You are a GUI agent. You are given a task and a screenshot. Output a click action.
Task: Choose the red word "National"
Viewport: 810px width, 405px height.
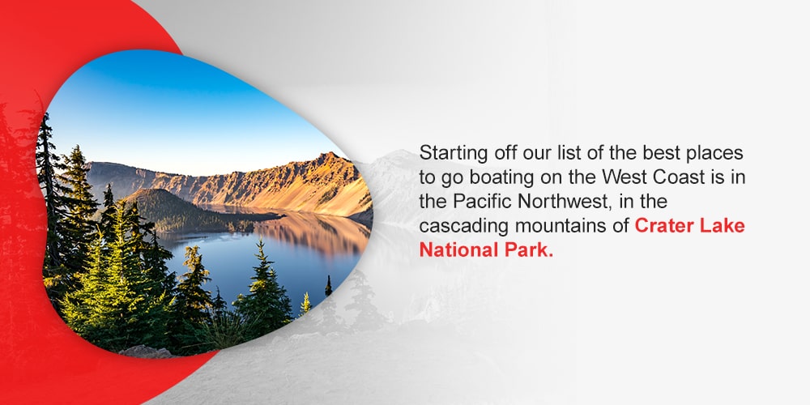pyautogui.click(x=454, y=249)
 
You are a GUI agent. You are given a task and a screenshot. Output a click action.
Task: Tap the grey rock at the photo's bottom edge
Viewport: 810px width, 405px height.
pyautogui.click(x=146, y=352)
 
